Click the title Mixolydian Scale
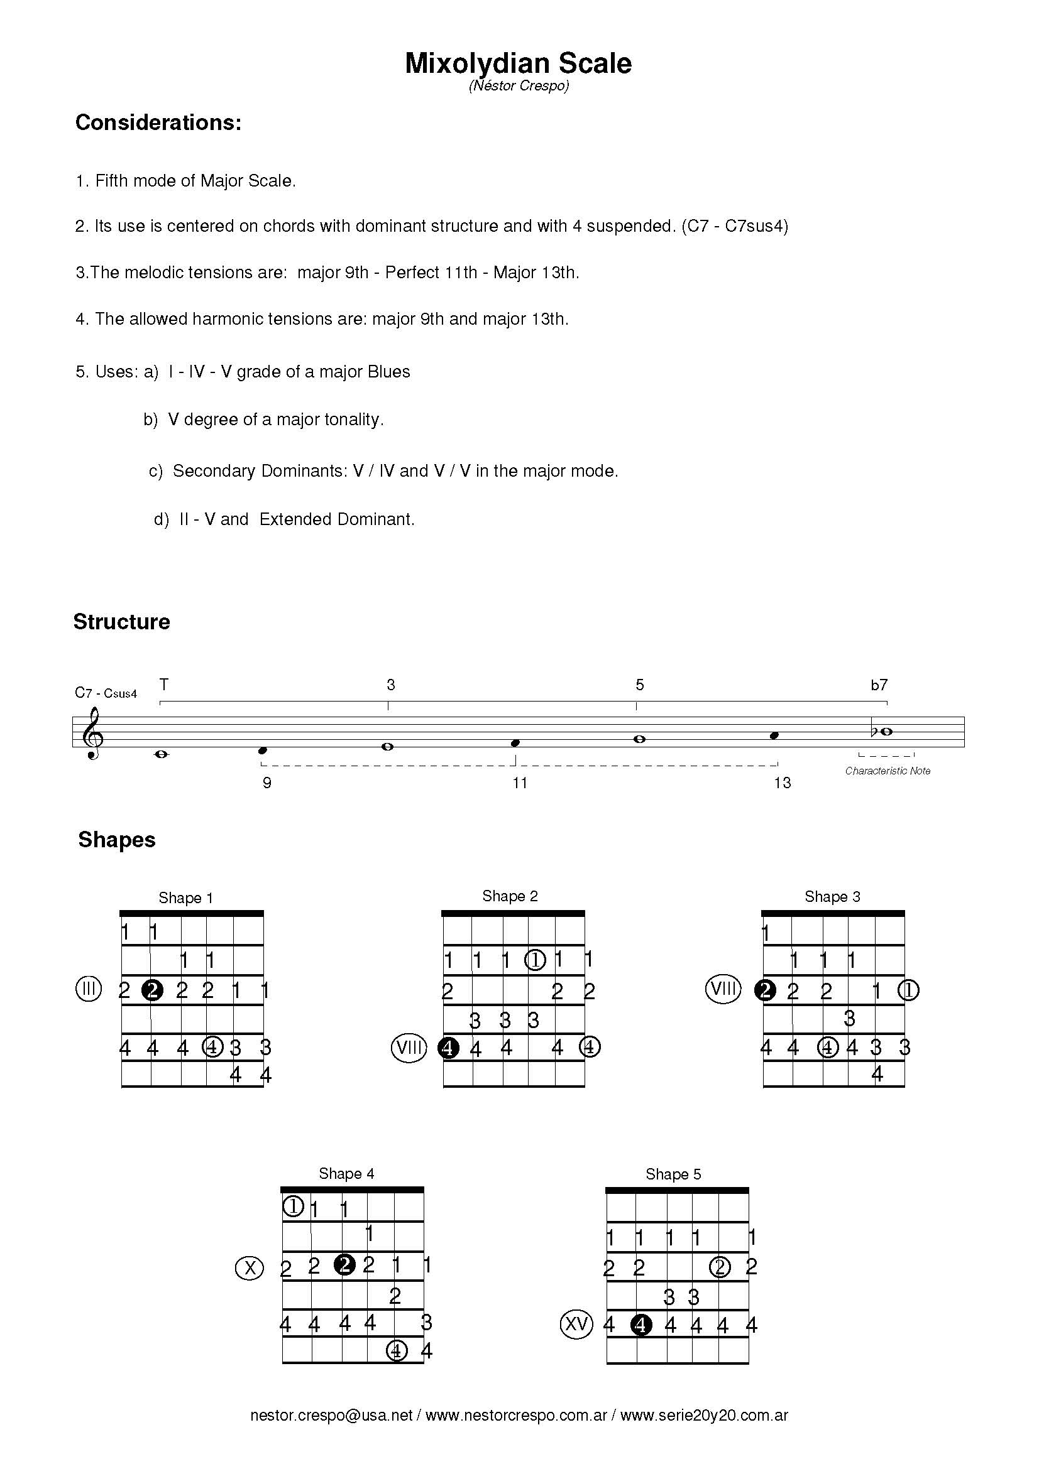click(518, 63)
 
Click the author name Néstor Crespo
click(519, 86)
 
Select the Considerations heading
click(158, 122)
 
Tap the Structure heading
click(122, 621)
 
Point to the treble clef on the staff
click(94, 732)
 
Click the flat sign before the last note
click(875, 730)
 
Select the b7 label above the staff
click(879, 685)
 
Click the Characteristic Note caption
click(888, 771)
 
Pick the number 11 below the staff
click(519, 783)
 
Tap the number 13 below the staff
click(782, 783)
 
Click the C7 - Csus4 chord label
click(106, 693)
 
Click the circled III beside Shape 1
click(89, 990)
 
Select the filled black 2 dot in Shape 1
click(152, 990)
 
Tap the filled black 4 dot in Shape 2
click(449, 1048)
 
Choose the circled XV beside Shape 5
click(576, 1323)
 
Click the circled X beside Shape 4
click(250, 1267)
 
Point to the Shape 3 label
click(832, 896)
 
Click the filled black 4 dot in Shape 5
click(641, 1325)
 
